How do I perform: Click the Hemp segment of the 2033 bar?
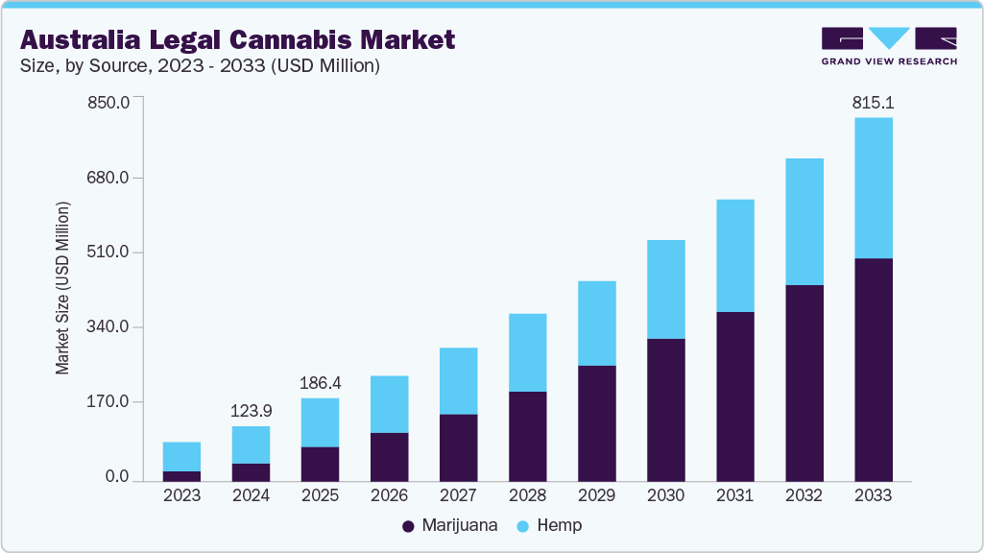pos(873,188)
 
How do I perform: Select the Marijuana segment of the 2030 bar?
pos(665,410)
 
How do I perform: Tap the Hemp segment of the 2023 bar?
pos(181,457)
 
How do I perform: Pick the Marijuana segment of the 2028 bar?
pos(527,436)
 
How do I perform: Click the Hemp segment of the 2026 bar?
pos(389,404)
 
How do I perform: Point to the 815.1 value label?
pos(873,103)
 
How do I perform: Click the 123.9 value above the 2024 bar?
pos(251,411)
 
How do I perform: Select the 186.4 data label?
pos(320,383)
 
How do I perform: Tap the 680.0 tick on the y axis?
pos(109,179)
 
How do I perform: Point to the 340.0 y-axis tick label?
pos(109,327)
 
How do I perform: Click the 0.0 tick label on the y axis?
pos(117,477)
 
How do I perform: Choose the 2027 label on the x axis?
pos(458,496)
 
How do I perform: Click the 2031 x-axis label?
pos(734,496)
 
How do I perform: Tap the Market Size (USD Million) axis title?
pos(63,288)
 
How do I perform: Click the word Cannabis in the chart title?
pos(287,39)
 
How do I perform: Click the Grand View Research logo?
pos(889,45)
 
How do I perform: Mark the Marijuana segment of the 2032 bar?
pos(804,384)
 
